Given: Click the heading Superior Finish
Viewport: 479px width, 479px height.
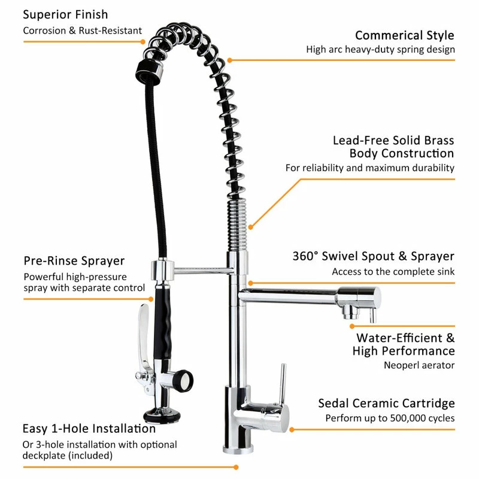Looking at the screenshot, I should click(x=66, y=14).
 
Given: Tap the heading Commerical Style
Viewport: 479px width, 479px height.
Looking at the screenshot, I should click(x=404, y=35).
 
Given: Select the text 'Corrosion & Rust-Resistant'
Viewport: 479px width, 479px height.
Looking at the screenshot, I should click(x=83, y=31).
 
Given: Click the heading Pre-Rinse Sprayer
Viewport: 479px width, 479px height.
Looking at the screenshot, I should click(x=74, y=260).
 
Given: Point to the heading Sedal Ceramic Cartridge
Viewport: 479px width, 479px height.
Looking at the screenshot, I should click(x=386, y=404).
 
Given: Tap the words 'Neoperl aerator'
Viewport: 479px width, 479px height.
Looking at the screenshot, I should click(x=419, y=365).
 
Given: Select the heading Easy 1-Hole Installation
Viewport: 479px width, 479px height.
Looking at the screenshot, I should click(x=89, y=429).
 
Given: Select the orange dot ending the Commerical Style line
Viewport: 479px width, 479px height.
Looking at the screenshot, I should click(x=229, y=60).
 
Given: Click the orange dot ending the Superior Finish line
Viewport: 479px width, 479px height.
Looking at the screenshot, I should click(x=143, y=42).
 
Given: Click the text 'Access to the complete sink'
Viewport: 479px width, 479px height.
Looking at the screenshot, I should click(x=393, y=272).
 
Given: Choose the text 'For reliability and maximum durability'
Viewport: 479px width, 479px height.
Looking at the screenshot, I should click(x=370, y=168).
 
